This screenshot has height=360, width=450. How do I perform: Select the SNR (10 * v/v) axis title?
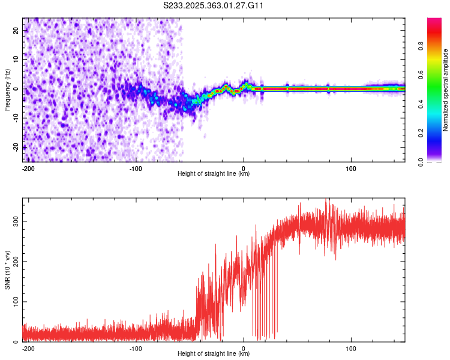coord(7,270)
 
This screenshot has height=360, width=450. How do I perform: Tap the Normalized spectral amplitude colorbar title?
coord(446,90)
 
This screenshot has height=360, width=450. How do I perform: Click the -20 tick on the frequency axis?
coord(15,147)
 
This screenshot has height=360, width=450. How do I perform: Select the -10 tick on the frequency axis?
coord(15,118)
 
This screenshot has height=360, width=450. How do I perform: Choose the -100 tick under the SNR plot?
coord(136,347)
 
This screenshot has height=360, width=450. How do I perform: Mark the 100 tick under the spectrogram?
coord(350,167)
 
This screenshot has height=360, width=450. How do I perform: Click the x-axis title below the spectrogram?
coord(214,174)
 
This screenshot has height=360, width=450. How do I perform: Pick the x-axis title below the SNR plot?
coord(214,354)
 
